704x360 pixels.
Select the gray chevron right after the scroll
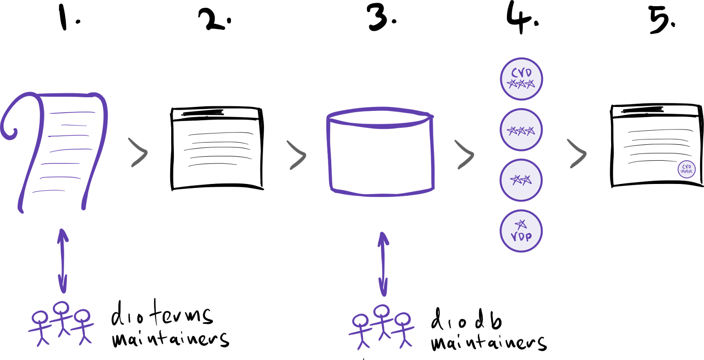[139, 153]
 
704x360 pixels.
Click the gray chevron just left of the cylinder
[297, 155]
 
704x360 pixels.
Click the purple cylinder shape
[381, 152]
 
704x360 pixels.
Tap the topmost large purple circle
[521, 79]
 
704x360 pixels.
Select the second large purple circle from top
[521, 130]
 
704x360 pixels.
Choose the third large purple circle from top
[521, 180]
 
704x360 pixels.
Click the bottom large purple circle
[521, 231]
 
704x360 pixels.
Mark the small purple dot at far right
[686, 169]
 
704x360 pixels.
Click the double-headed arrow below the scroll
[63, 261]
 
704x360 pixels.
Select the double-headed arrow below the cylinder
[383, 264]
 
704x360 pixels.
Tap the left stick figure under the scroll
[40, 328]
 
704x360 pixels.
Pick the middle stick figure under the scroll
[62, 318]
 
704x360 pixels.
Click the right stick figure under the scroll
[83, 327]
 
